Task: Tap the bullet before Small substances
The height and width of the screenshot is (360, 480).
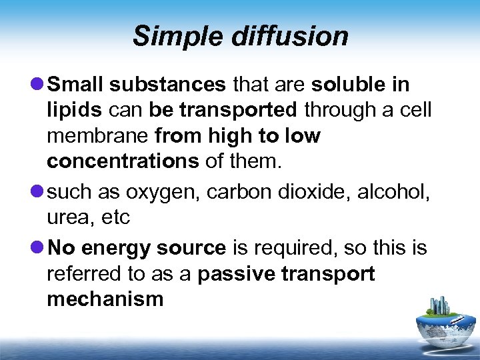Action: click(x=38, y=85)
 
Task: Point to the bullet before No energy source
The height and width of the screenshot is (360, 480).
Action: click(x=38, y=248)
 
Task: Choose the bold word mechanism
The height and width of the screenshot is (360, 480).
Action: click(x=105, y=299)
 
